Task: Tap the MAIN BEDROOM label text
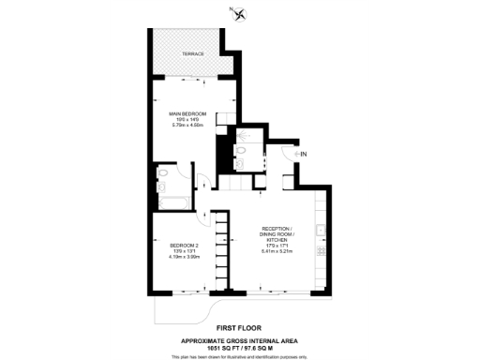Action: coord(187,114)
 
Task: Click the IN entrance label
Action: coord(303,153)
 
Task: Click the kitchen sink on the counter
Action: coord(322,230)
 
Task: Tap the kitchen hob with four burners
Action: coord(322,251)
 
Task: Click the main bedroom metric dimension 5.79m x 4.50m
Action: coord(187,126)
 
